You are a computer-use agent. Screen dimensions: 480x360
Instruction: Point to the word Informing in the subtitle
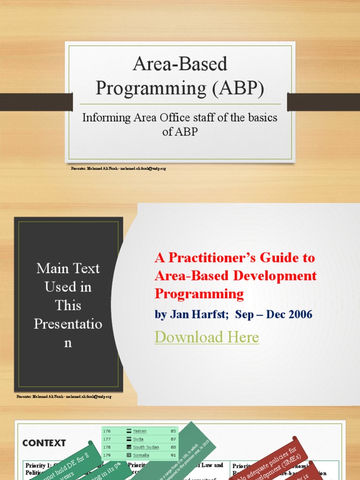105,118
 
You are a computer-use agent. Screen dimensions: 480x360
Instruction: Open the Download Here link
207,337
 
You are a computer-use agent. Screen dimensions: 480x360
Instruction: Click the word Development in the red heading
275,276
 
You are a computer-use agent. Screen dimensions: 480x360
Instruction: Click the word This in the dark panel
68,305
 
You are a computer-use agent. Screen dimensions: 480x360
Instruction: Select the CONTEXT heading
44,443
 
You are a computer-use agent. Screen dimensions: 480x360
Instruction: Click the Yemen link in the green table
140,431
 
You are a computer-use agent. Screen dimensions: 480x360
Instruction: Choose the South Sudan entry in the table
146,447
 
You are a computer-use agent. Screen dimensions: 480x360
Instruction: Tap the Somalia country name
141,455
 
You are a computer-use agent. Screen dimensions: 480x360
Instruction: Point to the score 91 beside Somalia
173,455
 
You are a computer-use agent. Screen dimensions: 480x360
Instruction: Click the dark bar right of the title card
323,102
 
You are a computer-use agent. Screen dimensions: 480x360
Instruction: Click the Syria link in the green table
139,439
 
